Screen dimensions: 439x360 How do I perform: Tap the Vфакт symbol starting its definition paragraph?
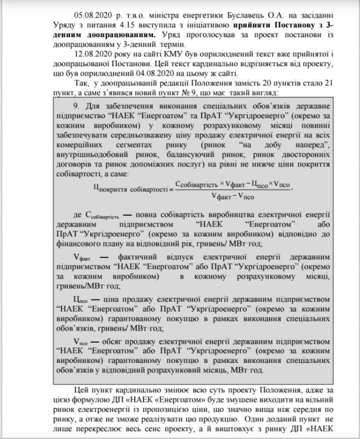point(83,256)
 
